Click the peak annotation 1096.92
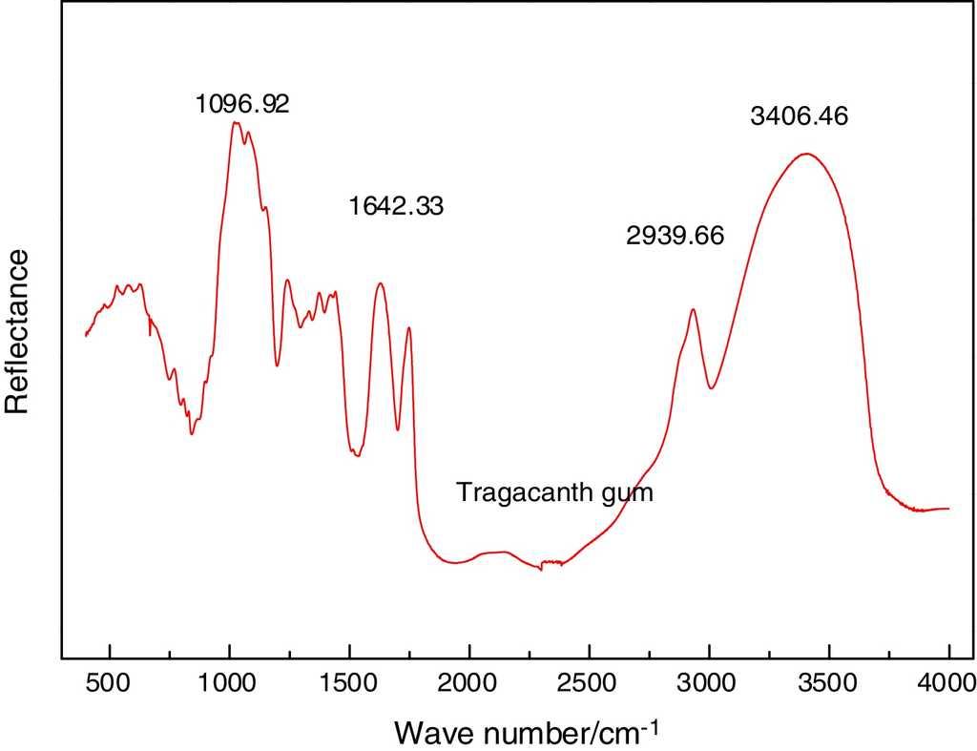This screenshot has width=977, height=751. pos(242,103)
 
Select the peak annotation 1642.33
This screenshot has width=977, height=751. pos(396,205)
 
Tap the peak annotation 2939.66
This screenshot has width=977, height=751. pos(676,236)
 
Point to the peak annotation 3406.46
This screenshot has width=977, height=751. pos(800,118)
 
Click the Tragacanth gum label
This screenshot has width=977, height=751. pos(554,493)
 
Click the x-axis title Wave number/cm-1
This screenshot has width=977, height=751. pos(526,732)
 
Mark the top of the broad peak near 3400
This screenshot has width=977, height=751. pos(807,153)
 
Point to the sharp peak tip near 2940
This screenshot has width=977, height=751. pos(693,309)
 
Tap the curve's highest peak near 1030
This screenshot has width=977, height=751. pos(235,122)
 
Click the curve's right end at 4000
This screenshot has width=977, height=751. pos(948,509)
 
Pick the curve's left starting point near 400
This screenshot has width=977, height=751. pos(86,336)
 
